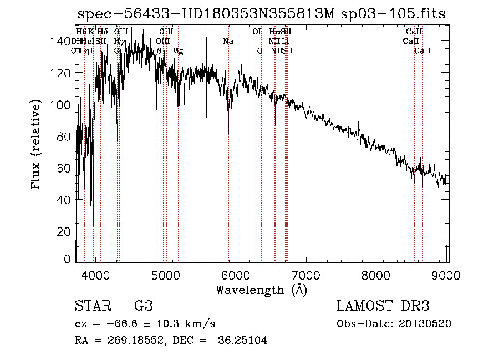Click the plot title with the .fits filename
(261, 14)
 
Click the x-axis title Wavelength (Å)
(261, 290)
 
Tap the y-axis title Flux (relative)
(37, 145)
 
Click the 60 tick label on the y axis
(65, 168)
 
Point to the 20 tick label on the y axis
(65, 231)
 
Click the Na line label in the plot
(228, 42)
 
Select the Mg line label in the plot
(177, 51)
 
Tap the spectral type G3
(144, 306)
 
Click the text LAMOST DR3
(383, 306)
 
